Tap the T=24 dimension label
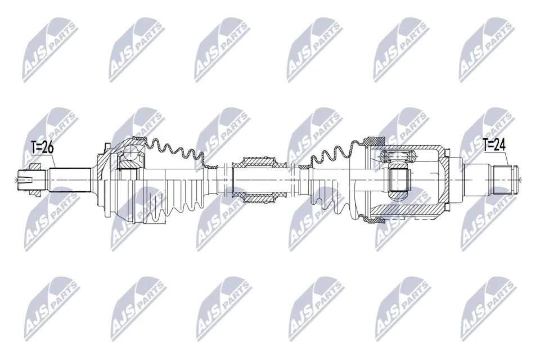[x=494, y=145]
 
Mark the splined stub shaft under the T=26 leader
[x=69, y=179]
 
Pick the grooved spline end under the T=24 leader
[x=506, y=179]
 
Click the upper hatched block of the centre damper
[x=260, y=162]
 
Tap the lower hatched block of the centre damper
[x=260, y=197]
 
